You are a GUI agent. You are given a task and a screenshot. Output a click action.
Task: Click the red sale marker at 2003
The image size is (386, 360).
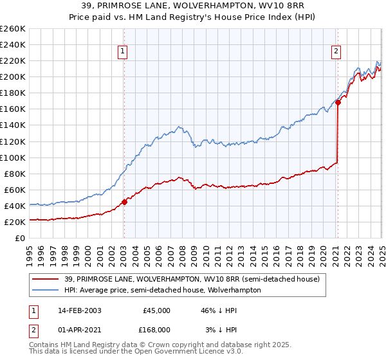[125, 201]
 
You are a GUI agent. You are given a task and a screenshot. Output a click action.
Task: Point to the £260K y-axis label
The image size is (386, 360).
[12, 29]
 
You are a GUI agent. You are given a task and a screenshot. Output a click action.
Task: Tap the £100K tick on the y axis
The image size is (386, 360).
[12, 157]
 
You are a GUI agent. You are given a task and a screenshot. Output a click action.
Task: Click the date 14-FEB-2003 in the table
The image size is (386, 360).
[75, 310]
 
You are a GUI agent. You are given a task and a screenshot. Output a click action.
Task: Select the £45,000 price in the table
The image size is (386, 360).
[156, 310]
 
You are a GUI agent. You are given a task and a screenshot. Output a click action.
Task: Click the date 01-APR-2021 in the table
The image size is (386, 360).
[75, 329]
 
